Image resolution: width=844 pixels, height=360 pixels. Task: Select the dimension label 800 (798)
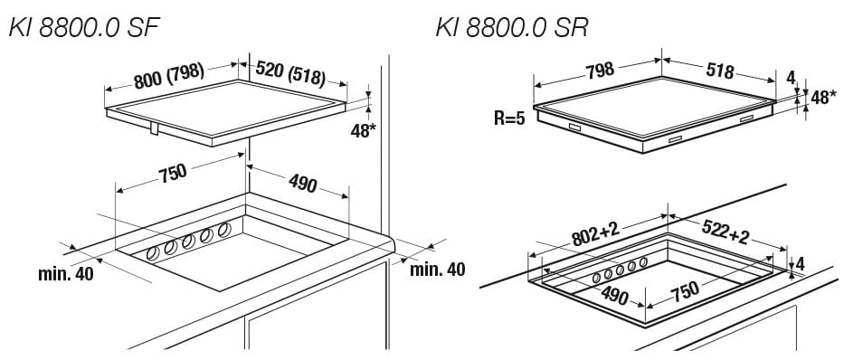tap(169, 76)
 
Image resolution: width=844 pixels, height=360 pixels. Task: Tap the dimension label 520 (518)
tap(290, 74)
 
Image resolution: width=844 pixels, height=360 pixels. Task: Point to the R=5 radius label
tap(509, 118)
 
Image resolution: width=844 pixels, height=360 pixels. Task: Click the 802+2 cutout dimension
tap(596, 234)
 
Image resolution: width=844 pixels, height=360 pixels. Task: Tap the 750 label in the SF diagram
tap(172, 173)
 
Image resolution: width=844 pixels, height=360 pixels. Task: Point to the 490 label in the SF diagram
tap(302, 184)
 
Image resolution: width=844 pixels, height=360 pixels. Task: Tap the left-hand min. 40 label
tap(65, 274)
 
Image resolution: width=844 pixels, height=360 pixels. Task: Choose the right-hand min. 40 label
tap(438, 269)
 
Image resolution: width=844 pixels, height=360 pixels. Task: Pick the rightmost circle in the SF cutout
tap(224, 230)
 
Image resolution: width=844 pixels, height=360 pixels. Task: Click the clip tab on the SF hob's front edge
tap(154, 128)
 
